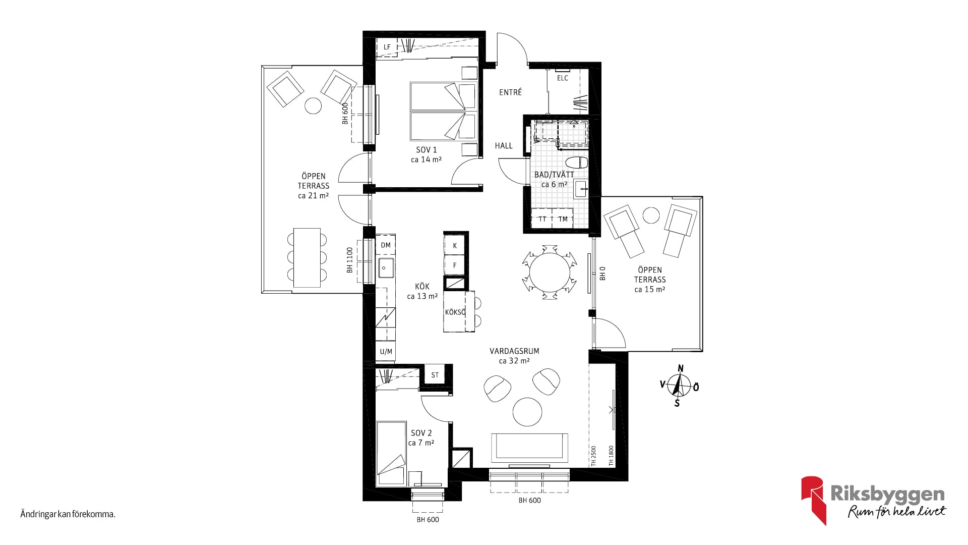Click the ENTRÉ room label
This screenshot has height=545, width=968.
[x=510, y=92]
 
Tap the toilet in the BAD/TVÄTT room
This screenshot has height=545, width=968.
[x=577, y=163]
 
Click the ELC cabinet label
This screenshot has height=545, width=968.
[x=563, y=78]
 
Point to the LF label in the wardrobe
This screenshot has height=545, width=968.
[x=387, y=47]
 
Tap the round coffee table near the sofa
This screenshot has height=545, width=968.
[x=527, y=412]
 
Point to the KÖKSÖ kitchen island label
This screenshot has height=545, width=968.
[x=455, y=312]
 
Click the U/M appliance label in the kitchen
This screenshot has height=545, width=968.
[x=386, y=352]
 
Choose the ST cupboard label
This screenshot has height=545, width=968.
[x=435, y=375]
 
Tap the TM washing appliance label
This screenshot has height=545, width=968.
[x=563, y=219]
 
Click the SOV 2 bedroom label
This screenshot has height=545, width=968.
[x=421, y=433]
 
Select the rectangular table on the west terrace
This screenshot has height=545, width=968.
[x=307, y=258]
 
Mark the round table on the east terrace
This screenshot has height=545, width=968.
[x=651, y=215]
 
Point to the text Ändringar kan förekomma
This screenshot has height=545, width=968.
[x=68, y=515]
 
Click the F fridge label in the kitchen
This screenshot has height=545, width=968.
[x=455, y=265]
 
